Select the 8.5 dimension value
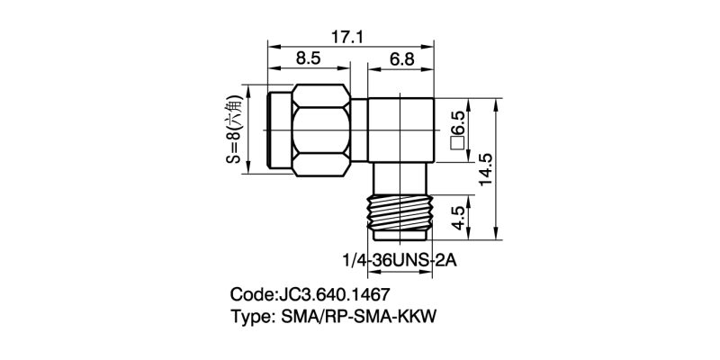[309, 59]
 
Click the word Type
[251, 318]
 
